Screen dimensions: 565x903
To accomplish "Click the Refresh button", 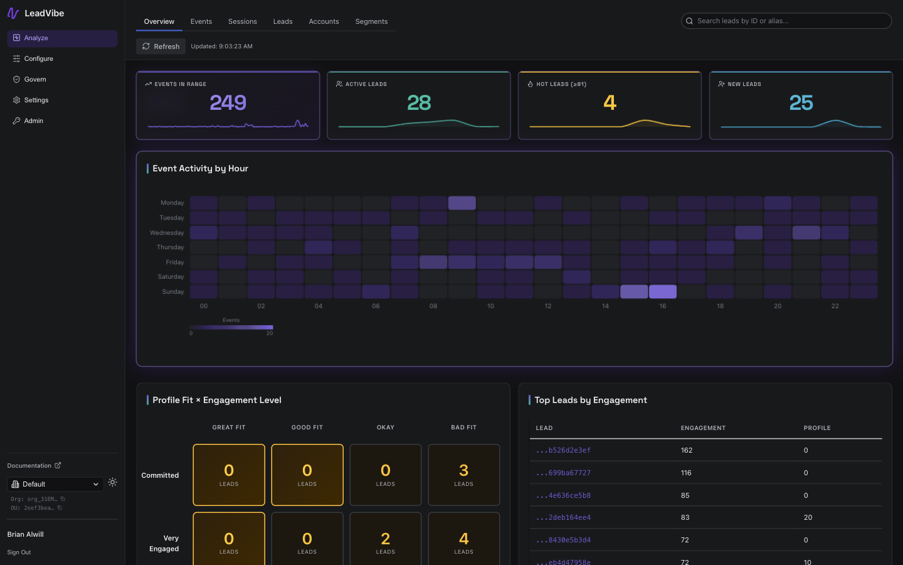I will coord(161,46).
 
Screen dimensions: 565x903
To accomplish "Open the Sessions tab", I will coord(242,21).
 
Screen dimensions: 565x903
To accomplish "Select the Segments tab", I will coord(371,21).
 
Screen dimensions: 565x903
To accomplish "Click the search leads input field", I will coord(790,21).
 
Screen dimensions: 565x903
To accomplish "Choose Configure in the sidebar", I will coord(38,58).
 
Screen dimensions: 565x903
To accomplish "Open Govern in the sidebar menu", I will coord(35,79).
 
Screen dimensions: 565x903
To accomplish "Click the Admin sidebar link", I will coord(33,121).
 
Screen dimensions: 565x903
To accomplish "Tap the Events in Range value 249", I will coord(228,102).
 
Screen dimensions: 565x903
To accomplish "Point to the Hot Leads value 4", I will coord(610,102).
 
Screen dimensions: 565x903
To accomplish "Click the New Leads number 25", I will coord(801,102).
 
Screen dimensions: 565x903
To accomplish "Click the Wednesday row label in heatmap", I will coord(167,233).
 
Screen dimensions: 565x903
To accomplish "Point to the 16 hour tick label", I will coord(662,306).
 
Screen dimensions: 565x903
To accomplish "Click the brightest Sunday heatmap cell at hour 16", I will coord(662,291).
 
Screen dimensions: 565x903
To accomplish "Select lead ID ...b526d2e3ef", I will coord(563,450).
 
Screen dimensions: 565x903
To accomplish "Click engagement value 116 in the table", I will coord(686,473).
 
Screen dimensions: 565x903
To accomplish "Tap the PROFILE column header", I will coord(816,428).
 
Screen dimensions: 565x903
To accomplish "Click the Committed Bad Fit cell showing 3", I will coord(463,475).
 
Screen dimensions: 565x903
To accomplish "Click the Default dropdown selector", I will coord(55,484).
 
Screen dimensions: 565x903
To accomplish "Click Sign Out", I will coord(19,552).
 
